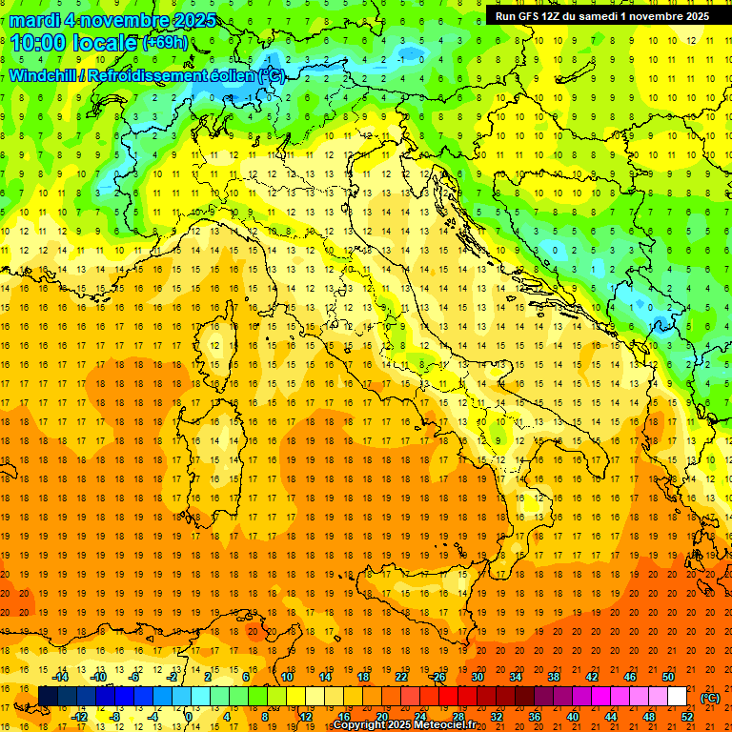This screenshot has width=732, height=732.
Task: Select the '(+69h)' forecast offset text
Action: click(x=165, y=43)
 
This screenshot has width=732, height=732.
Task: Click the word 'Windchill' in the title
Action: click(x=45, y=75)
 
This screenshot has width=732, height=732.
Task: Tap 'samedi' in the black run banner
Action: click(x=604, y=16)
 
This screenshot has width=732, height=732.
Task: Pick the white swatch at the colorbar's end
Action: click(x=677, y=697)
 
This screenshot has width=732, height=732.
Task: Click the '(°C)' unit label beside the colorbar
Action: click(x=709, y=698)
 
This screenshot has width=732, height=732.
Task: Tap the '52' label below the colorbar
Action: click(x=687, y=717)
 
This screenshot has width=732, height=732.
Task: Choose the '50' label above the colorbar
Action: click(x=667, y=677)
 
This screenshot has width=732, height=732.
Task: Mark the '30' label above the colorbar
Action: click(x=477, y=677)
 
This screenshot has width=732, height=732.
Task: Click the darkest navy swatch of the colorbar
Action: click(x=49, y=697)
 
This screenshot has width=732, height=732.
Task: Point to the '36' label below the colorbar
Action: click(x=535, y=717)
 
